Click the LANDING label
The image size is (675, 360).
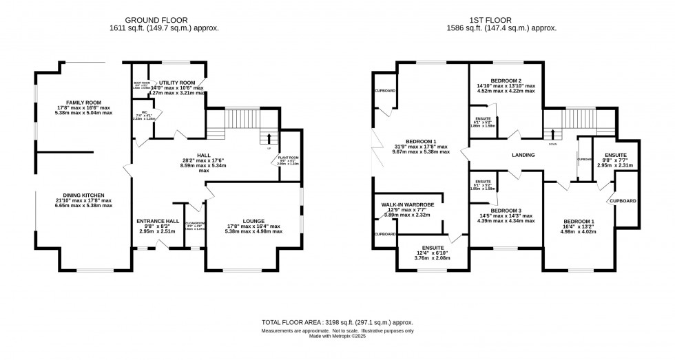pos(523,155)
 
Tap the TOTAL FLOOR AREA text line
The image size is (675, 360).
pos(337,322)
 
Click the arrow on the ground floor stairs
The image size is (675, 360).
pos(269,137)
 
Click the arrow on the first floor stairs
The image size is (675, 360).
pos(552,134)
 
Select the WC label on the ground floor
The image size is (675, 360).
pos(145,113)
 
